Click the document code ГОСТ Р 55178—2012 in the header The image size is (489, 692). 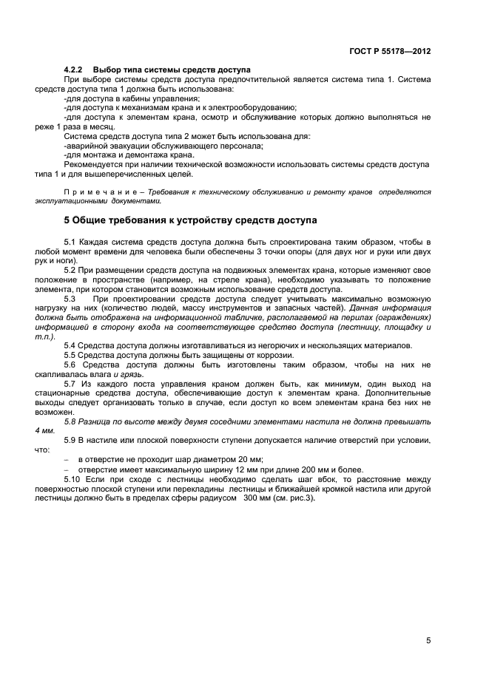click(x=389, y=52)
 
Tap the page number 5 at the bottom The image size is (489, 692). click(x=428, y=640)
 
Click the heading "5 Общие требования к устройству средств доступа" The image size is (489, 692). click(x=190, y=220)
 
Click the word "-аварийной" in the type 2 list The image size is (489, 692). click(x=85, y=146)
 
